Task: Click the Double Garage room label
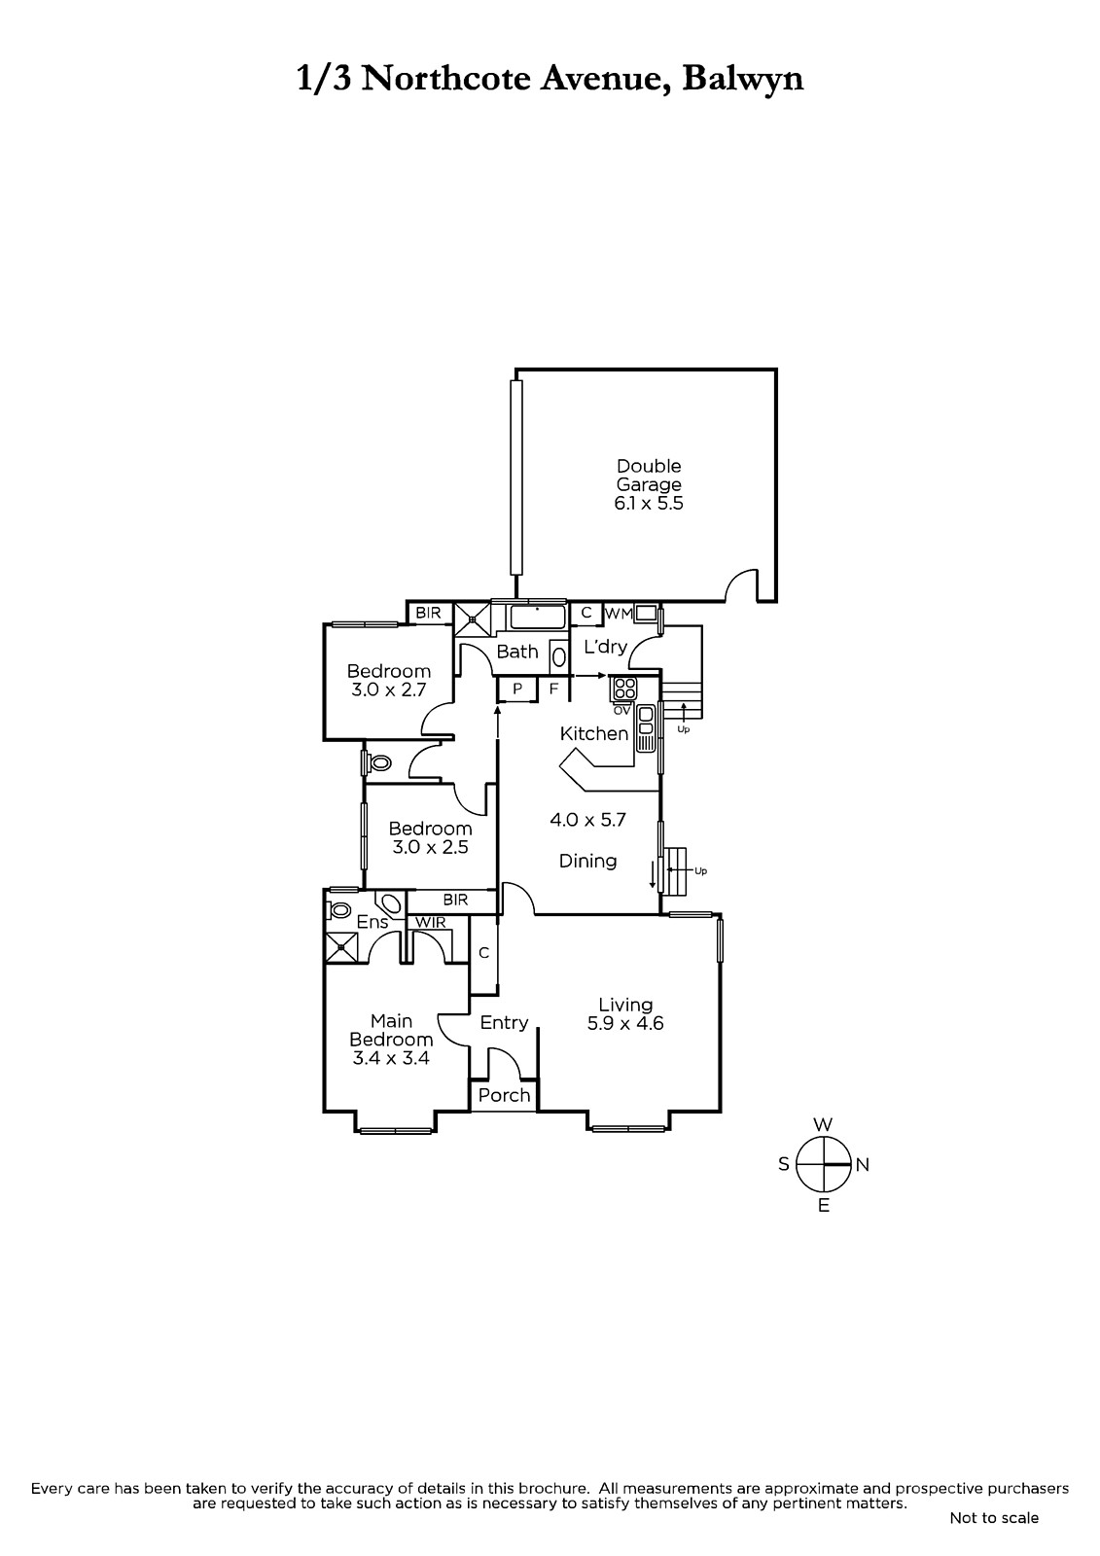tap(649, 484)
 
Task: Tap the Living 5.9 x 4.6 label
tap(625, 1013)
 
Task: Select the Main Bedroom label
tap(391, 1040)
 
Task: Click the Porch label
tap(505, 1095)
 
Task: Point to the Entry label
tap(505, 1022)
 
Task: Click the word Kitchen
tap(594, 733)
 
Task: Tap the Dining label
tap(587, 862)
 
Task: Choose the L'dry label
tap(605, 647)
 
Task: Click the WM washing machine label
tap(620, 614)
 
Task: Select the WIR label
tap(430, 923)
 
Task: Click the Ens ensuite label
tap(373, 922)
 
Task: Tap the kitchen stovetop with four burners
tap(624, 688)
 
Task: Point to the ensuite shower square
tap(342, 946)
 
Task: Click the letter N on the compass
tap(863, 1165)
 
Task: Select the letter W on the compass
tap(823, 1124)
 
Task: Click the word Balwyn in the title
tap(743, 78)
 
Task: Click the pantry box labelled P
tap(517, 690)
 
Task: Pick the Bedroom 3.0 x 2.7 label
tap(388, 680)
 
